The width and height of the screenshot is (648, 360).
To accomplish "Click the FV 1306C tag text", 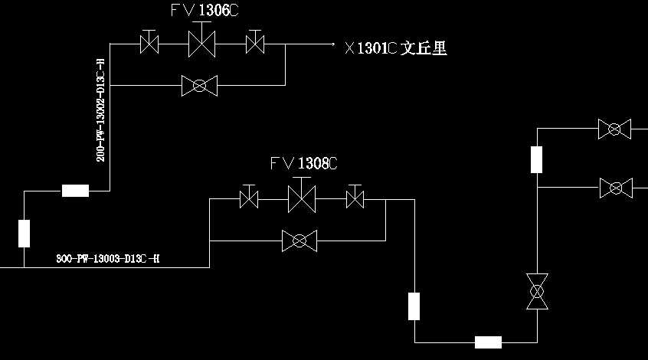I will pyautogui.click(x=202, y=10).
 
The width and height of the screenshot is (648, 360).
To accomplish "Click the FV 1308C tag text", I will pyautogui.click(x=304, y=163).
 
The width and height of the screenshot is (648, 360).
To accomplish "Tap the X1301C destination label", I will pyautogui.click(x=395, y=48).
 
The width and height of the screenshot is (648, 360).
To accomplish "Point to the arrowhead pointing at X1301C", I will pyautogui.click(x=332, y=44).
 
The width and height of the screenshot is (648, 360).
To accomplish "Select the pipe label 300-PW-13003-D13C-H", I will pyautogui.click(x=108, y=259).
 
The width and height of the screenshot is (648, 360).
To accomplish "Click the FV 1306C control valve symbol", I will pyautogui.click(x=202, y=44).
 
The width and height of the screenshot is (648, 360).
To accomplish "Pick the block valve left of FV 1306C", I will pyautogui.click(x=149, y=44).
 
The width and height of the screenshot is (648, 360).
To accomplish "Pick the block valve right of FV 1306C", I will pyautogui.click(x=254, y=44).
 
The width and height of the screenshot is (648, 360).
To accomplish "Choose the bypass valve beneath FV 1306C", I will pyautogui.click(x=199, y=86).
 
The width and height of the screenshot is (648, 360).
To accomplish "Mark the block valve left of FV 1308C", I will pyautogui.click(x=249, y=200).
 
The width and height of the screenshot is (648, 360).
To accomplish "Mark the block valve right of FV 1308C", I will pyautogui.click(x=354, y=200).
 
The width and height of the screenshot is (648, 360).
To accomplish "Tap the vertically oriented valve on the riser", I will pyautogui.click(x=537, y=292).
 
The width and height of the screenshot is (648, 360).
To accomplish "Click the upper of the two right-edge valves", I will pyautogui.click(x=614, y=129).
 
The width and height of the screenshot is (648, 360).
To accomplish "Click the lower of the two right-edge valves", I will pyautogui.click(x=615, y=187).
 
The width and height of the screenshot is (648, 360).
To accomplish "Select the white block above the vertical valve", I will pyautogui.click(x=537, y=159).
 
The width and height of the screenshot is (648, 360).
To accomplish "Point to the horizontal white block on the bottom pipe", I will pyautogui.click(x=488, y=342).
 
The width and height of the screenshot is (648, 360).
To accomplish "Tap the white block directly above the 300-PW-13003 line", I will pyautogui.click(x=25, y=233).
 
